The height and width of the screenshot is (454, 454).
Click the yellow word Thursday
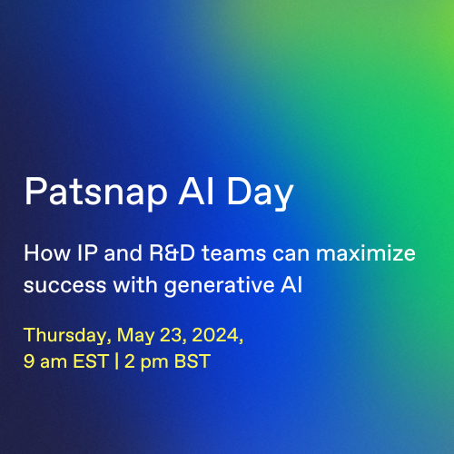click(64, 334)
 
